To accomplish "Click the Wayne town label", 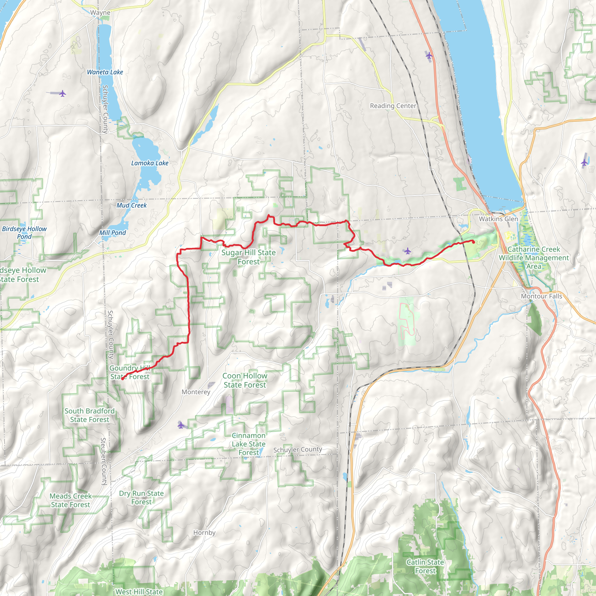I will (100, 13).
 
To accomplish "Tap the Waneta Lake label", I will (105, 72).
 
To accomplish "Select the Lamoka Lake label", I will (150, 163).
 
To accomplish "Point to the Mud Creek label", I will (132, 205).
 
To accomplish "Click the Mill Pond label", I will (112, 233).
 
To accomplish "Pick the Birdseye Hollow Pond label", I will (24, 233).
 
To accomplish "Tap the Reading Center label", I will (393, 106).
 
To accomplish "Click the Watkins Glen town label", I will (498, 219).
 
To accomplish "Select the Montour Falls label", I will (541, 296).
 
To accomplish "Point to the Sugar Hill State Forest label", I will (249, 257).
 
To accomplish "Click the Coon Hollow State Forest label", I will (245, 380).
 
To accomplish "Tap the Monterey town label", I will (196, 392).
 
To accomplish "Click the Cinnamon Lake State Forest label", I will (249, 444).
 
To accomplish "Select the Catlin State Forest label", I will (425, 566).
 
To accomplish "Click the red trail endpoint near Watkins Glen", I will (473, 242).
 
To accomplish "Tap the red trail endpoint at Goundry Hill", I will (123, 379).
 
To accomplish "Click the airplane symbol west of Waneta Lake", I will (63, 93).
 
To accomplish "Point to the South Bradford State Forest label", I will (89, 415).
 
